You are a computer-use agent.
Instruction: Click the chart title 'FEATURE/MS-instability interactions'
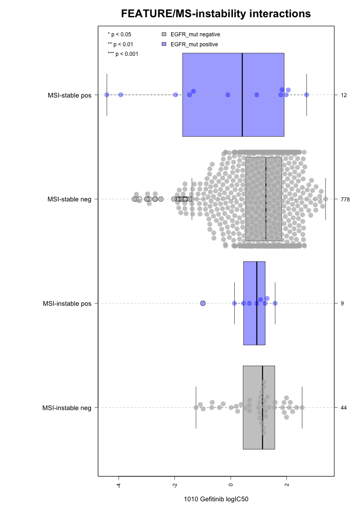pyautogui.click(x=216, y=14)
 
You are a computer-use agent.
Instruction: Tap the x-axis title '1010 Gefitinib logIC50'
pyautogui.click(x=216, y=499)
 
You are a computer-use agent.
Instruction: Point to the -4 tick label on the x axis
pyautogui.click(x=118, y=485)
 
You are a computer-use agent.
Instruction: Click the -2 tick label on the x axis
pyautogui.click(x=175, y=485)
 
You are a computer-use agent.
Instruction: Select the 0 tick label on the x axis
pyautogui.click(x=231, y=485)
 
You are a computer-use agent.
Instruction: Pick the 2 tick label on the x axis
pyautogui.click(x=287, y=485)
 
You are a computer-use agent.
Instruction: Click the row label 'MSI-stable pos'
pyautogui.click(x=69, y=95)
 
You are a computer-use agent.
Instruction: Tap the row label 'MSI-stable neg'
pyautogui.click(x=69, y=199)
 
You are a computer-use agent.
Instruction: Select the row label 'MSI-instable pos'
pyautogui.click(x=67, y=303)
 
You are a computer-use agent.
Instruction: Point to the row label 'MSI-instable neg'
pyautogui.click(x=67, y=408)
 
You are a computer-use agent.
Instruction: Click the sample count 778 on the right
pyautogui.click(x=345, y=199)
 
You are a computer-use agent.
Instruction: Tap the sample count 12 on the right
pyautogui.click(x=344, y=95)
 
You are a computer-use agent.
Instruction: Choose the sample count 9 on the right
pyautogui.click(x=342, y=303)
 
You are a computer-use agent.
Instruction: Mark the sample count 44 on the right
pyautogui.click(x=344, y=407)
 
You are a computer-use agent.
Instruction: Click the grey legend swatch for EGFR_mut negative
pyautogui.click(x=164, y=34)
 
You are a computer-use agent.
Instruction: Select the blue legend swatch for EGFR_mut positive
pyautogui.click(x=164, y=44)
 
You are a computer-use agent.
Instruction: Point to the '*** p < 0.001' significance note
pyautogui.click(x=123, y=54)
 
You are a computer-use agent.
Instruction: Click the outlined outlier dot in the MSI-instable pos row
pyautogui.click(x=203, y=303)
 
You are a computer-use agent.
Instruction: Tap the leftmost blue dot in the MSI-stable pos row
pyautogui.click(x=107, y=95)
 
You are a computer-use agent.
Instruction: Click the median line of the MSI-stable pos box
pyautogui.click(x=242, y=95)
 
